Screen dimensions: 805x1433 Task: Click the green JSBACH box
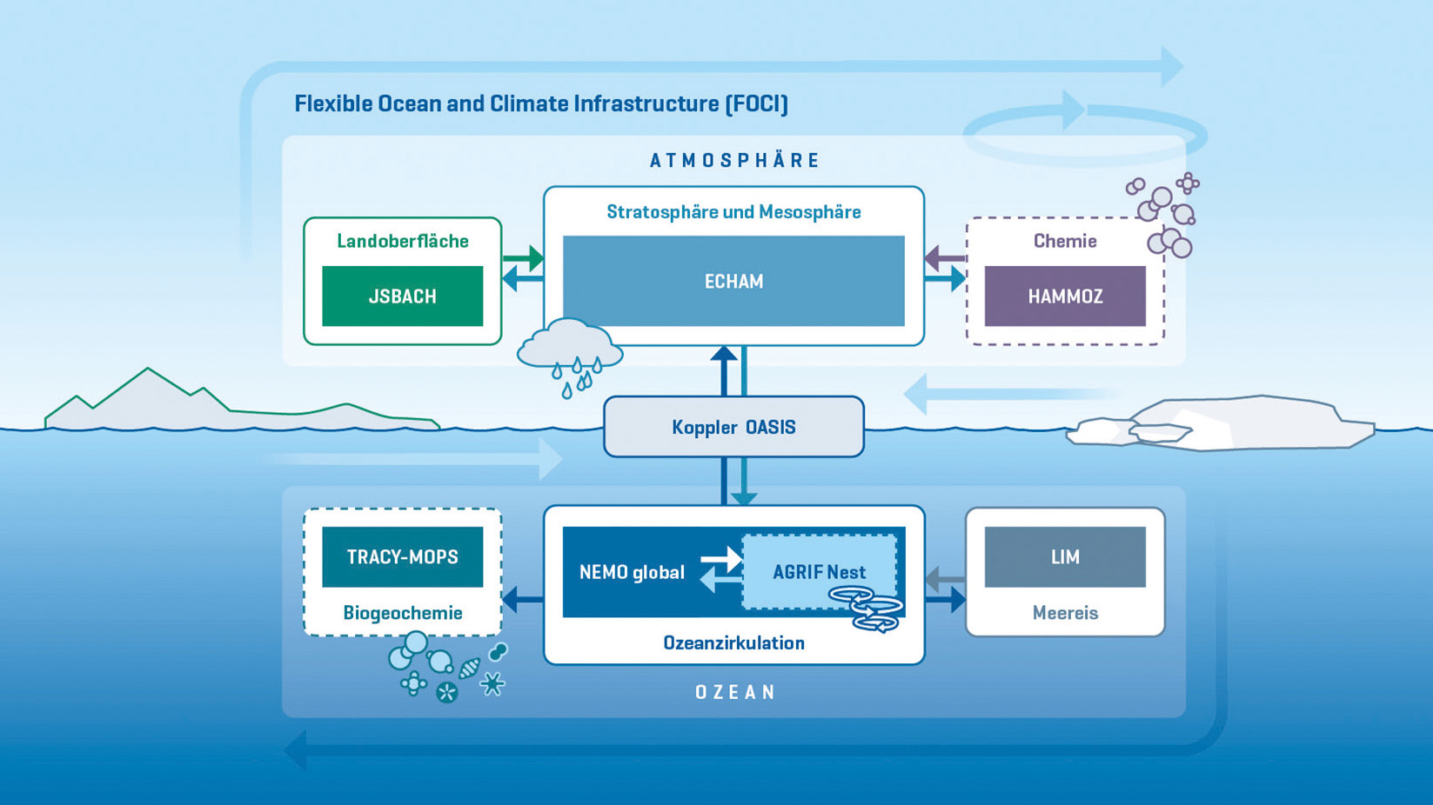pyautogui.click(x=402, y=296)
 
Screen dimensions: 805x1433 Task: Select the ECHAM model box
pyautogui.click(x=733, y=281)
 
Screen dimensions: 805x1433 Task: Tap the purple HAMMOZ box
pyautogui.click(x=1065, y=296)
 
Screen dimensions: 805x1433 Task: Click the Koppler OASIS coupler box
pyautogui.click(x=733, y=427)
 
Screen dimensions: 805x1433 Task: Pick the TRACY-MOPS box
pyautogui.click(x=402, y=557)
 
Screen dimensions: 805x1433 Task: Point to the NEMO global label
pyautogui.click(x=632, y=572)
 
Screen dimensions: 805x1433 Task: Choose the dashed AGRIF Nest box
pyautogui.click(x=819, y=571)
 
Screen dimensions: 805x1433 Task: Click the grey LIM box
pyautogui.click(x=1065, y=557)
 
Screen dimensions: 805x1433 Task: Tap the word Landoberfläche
pyautogui.click(x=402, y=241)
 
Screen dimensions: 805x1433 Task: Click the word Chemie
pyautogui.click(x=1065, y=241)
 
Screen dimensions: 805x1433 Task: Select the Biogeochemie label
pyautogui.click(x=402, y=613)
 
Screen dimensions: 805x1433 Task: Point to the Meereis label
pyautogui.click(x=1065, y=613)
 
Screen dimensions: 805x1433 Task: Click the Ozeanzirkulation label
pyautogui.click(x=733, y=643)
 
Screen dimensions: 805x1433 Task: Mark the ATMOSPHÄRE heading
pyautogui.click(x=735, y=161)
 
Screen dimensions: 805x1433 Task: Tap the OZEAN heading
pyautogui.click(x=735, y=692)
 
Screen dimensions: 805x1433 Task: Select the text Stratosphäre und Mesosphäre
pyautogui.click(x=733, y=212)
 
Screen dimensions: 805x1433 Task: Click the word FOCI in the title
pyautogui.click(x=757, y=104)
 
